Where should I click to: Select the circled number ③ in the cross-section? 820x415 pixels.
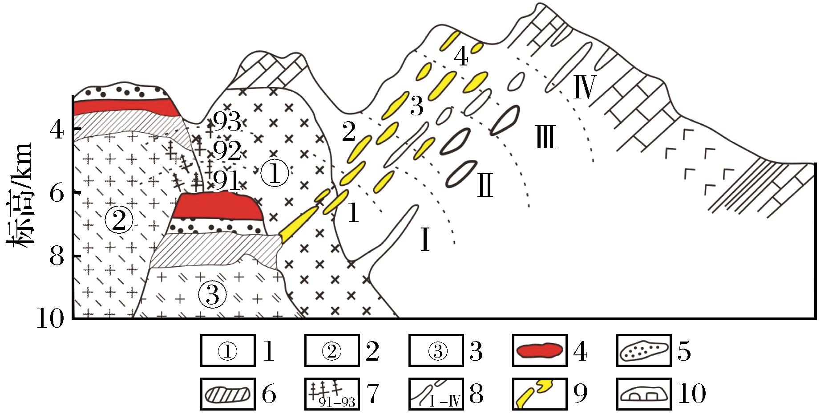tap(213, 294)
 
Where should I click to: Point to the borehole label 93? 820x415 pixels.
tap(226, 121)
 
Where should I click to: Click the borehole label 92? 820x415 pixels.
tap(226, 152)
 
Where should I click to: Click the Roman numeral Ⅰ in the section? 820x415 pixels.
tap(425, 242)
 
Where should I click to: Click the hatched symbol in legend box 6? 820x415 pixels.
tap(227, 394)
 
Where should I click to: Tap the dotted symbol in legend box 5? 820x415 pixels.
tap(644, 352)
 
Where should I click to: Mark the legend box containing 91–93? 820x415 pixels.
tap(331, 394)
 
